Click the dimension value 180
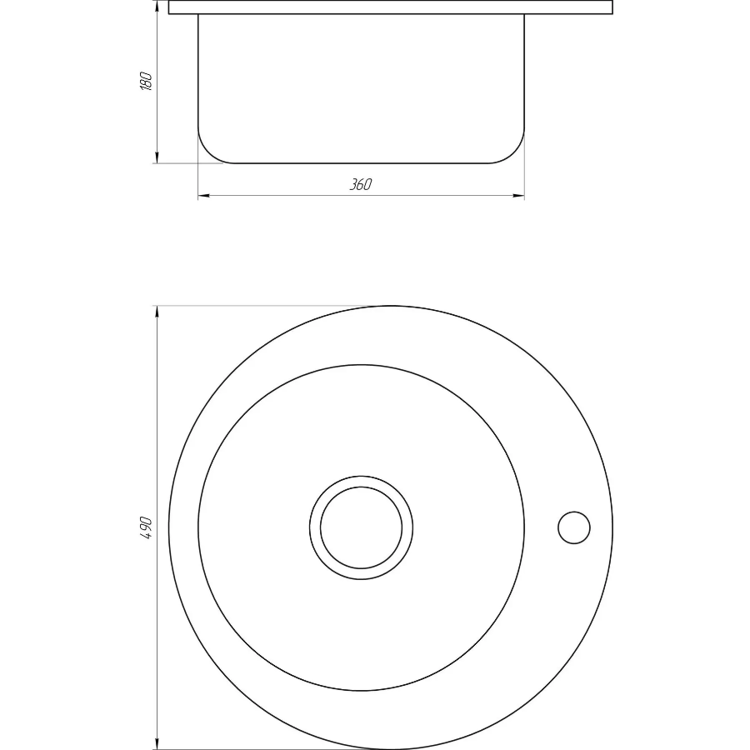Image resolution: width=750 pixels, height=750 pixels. (x=146, y=82)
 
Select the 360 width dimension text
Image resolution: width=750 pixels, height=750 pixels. (x=360, y=184)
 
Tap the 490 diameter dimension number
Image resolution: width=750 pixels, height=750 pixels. (x=146, y=528)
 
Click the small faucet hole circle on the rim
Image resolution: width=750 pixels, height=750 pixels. (x=574, y=527)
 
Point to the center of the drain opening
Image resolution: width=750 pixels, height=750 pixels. (x=361, y=527)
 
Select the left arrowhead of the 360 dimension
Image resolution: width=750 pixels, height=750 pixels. (x=205, y=195)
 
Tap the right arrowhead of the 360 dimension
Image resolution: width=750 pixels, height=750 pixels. (x=518, y=195)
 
